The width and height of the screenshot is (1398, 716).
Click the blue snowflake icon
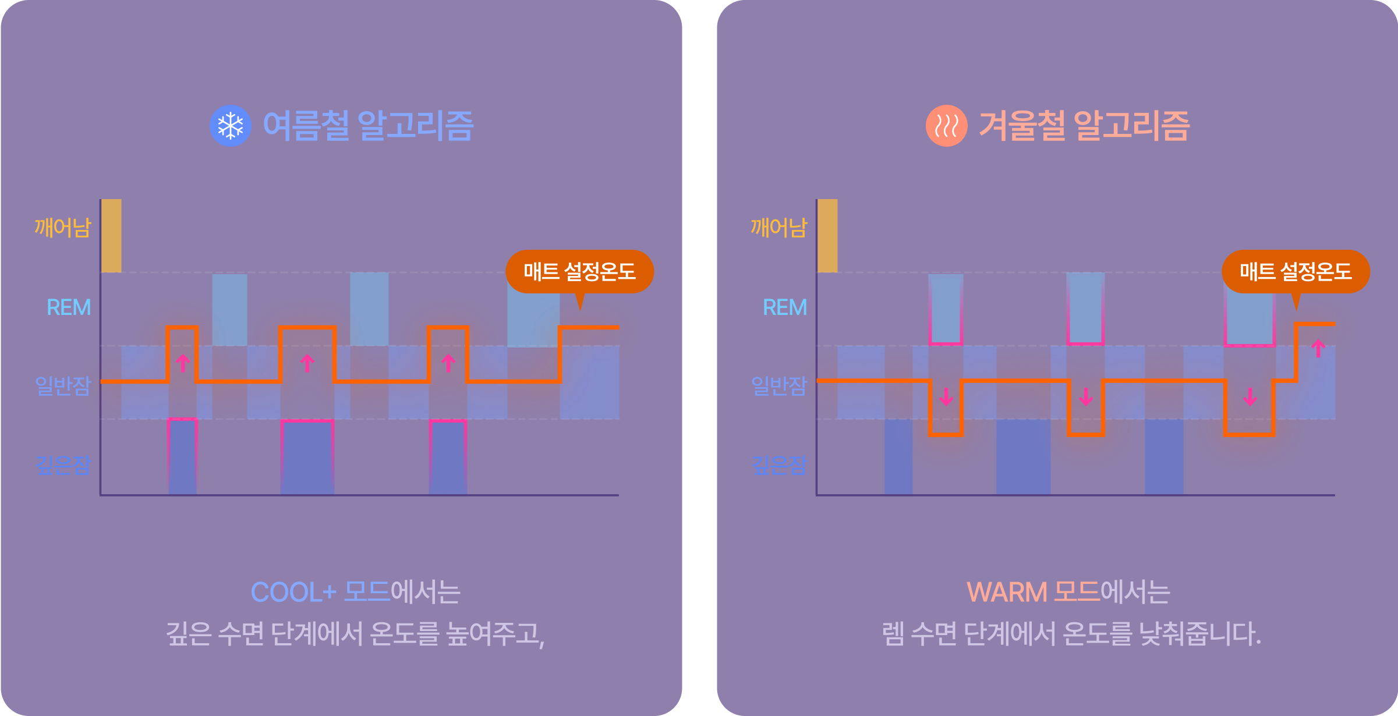pos(231,126)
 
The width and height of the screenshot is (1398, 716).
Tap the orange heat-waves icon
pos(946,126)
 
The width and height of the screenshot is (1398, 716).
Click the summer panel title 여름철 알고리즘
pos(368,126)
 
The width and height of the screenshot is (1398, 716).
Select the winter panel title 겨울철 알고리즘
pos(1084,126)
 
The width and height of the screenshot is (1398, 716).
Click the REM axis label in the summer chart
pos(69,307)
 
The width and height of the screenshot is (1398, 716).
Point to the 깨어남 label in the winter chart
pos(779,228)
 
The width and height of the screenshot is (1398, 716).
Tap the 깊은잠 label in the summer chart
pos(63,465)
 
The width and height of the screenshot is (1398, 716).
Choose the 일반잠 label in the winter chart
pos(779,385)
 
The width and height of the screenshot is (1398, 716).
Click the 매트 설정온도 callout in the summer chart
pos(579,271)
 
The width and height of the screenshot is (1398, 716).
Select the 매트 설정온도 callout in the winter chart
pos(1296,271)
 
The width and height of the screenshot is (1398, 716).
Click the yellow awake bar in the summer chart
pos(111,236)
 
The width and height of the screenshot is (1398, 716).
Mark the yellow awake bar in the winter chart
pos(827,236)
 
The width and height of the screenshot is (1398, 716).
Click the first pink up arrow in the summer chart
pos(183,363)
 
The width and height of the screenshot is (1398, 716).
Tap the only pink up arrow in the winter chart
pos(1318,348)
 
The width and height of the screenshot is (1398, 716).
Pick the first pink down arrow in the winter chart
pos(946,397)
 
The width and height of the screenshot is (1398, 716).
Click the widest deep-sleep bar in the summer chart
pos(307,457)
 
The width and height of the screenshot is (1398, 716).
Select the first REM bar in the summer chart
pos(229,310)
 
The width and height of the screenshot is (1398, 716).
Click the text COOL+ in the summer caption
pos(293,593)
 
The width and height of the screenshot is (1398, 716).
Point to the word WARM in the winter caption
pos(1007,593)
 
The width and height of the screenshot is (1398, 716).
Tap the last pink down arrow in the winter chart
pos(1250,397)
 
